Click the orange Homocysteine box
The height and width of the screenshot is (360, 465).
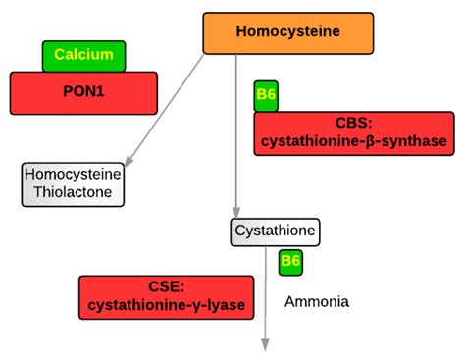coord(287,32)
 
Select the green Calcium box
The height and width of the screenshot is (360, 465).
coord(83,55)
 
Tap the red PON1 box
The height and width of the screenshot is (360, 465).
coord(83,93)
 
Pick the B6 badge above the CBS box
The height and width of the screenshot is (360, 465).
coord(266,95)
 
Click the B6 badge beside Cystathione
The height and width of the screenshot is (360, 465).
coord(290,262)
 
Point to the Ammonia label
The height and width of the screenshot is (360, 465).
coord(316,301)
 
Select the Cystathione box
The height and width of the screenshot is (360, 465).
coord(274,232)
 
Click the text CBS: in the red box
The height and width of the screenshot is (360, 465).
coord(353,124)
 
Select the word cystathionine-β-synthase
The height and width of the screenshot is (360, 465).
coord(353,142)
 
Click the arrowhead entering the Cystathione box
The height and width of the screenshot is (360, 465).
coord(235,212)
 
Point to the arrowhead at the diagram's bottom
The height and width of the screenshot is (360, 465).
coord(265,342)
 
